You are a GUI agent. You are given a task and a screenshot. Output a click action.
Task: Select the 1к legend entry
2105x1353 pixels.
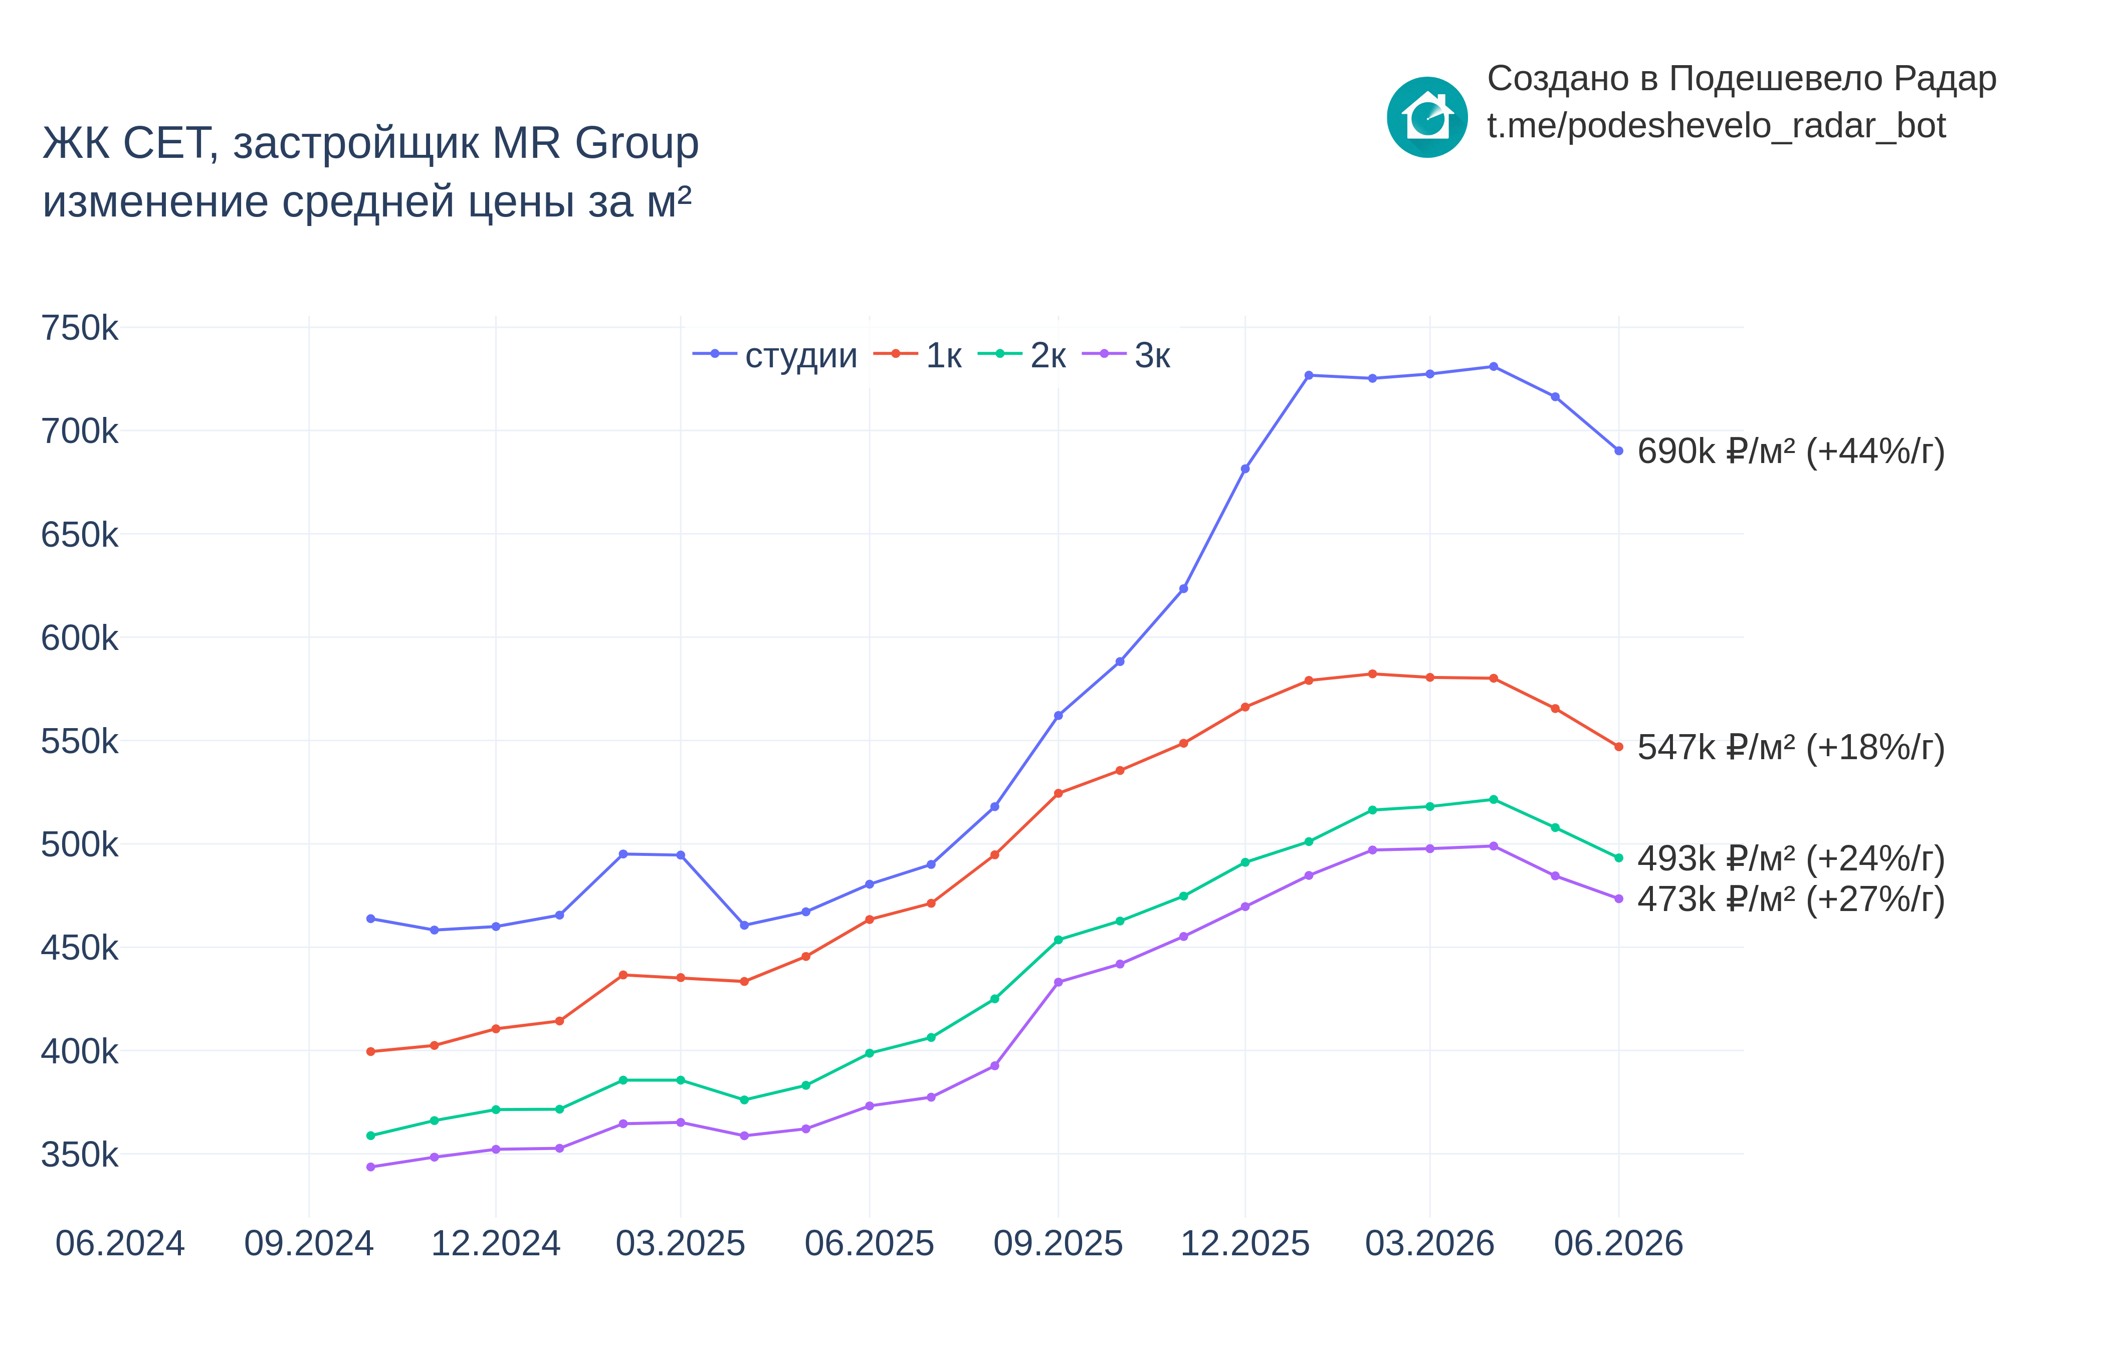tap(917, 355)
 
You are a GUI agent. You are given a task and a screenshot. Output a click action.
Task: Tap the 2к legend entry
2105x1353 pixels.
tap(1022, 355)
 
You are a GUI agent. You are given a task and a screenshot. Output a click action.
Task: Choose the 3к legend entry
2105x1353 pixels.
tap(1126, 355)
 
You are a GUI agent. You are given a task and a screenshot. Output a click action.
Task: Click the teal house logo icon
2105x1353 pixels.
tap(1427, 117)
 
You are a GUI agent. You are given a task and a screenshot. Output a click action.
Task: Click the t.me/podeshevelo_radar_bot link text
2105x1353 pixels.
tap(1716, 126)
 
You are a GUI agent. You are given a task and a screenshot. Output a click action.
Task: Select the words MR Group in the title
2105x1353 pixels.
tap(595, 143)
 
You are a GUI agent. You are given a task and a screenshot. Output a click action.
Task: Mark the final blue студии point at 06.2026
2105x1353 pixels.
tap(1618, 450)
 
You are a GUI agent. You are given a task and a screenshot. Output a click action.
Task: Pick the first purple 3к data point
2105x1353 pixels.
tap(371, 1167)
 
